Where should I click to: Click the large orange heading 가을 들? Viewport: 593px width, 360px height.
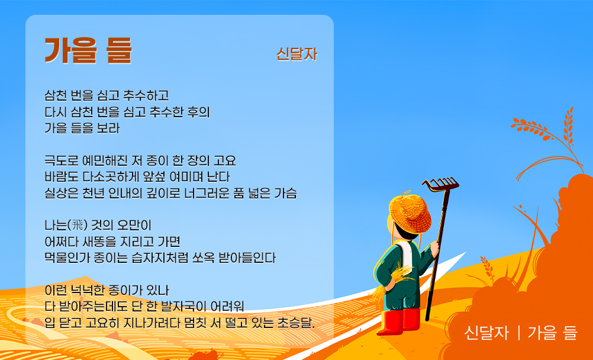[88, 50]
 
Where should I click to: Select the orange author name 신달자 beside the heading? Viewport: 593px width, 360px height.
[297, 54]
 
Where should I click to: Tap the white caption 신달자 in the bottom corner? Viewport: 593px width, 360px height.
[486, 333]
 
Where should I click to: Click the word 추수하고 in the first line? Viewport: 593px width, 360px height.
[146, 95]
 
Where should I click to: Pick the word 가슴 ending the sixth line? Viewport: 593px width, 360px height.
[285, 193]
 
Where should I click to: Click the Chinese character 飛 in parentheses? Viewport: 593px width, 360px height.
[78, 226]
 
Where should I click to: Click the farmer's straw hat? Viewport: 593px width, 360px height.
[410, 213]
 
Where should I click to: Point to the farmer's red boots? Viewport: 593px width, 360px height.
[399, 322]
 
